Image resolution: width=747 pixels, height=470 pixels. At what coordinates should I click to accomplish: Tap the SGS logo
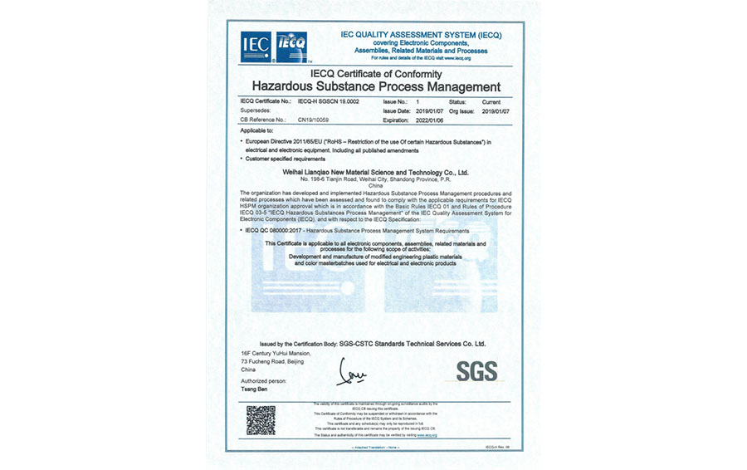(x=476, y=370)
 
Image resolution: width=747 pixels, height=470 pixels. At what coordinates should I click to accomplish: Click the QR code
(x=261, y=420)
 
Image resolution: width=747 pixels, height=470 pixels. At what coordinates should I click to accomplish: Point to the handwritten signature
(x=351, y=371)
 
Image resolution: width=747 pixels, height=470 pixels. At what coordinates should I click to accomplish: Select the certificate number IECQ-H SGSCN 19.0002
(x=326, y=101)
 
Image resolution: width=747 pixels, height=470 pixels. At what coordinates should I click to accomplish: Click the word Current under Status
(x=492, y=101)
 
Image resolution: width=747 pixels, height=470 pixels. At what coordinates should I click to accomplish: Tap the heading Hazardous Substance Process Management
(x=376, y=86)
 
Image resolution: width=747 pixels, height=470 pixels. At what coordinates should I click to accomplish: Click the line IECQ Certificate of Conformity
(x=376, y=74)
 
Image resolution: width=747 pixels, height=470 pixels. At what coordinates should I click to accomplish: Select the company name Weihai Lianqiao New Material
(x=376, y=172)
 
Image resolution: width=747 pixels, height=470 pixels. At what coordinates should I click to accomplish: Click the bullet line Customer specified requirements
(x=286, y=158)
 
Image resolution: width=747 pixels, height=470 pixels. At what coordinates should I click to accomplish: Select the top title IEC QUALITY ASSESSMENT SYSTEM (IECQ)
(x=422, y=35)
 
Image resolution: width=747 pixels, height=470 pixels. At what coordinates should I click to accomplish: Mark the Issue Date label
(x=397, y=110)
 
